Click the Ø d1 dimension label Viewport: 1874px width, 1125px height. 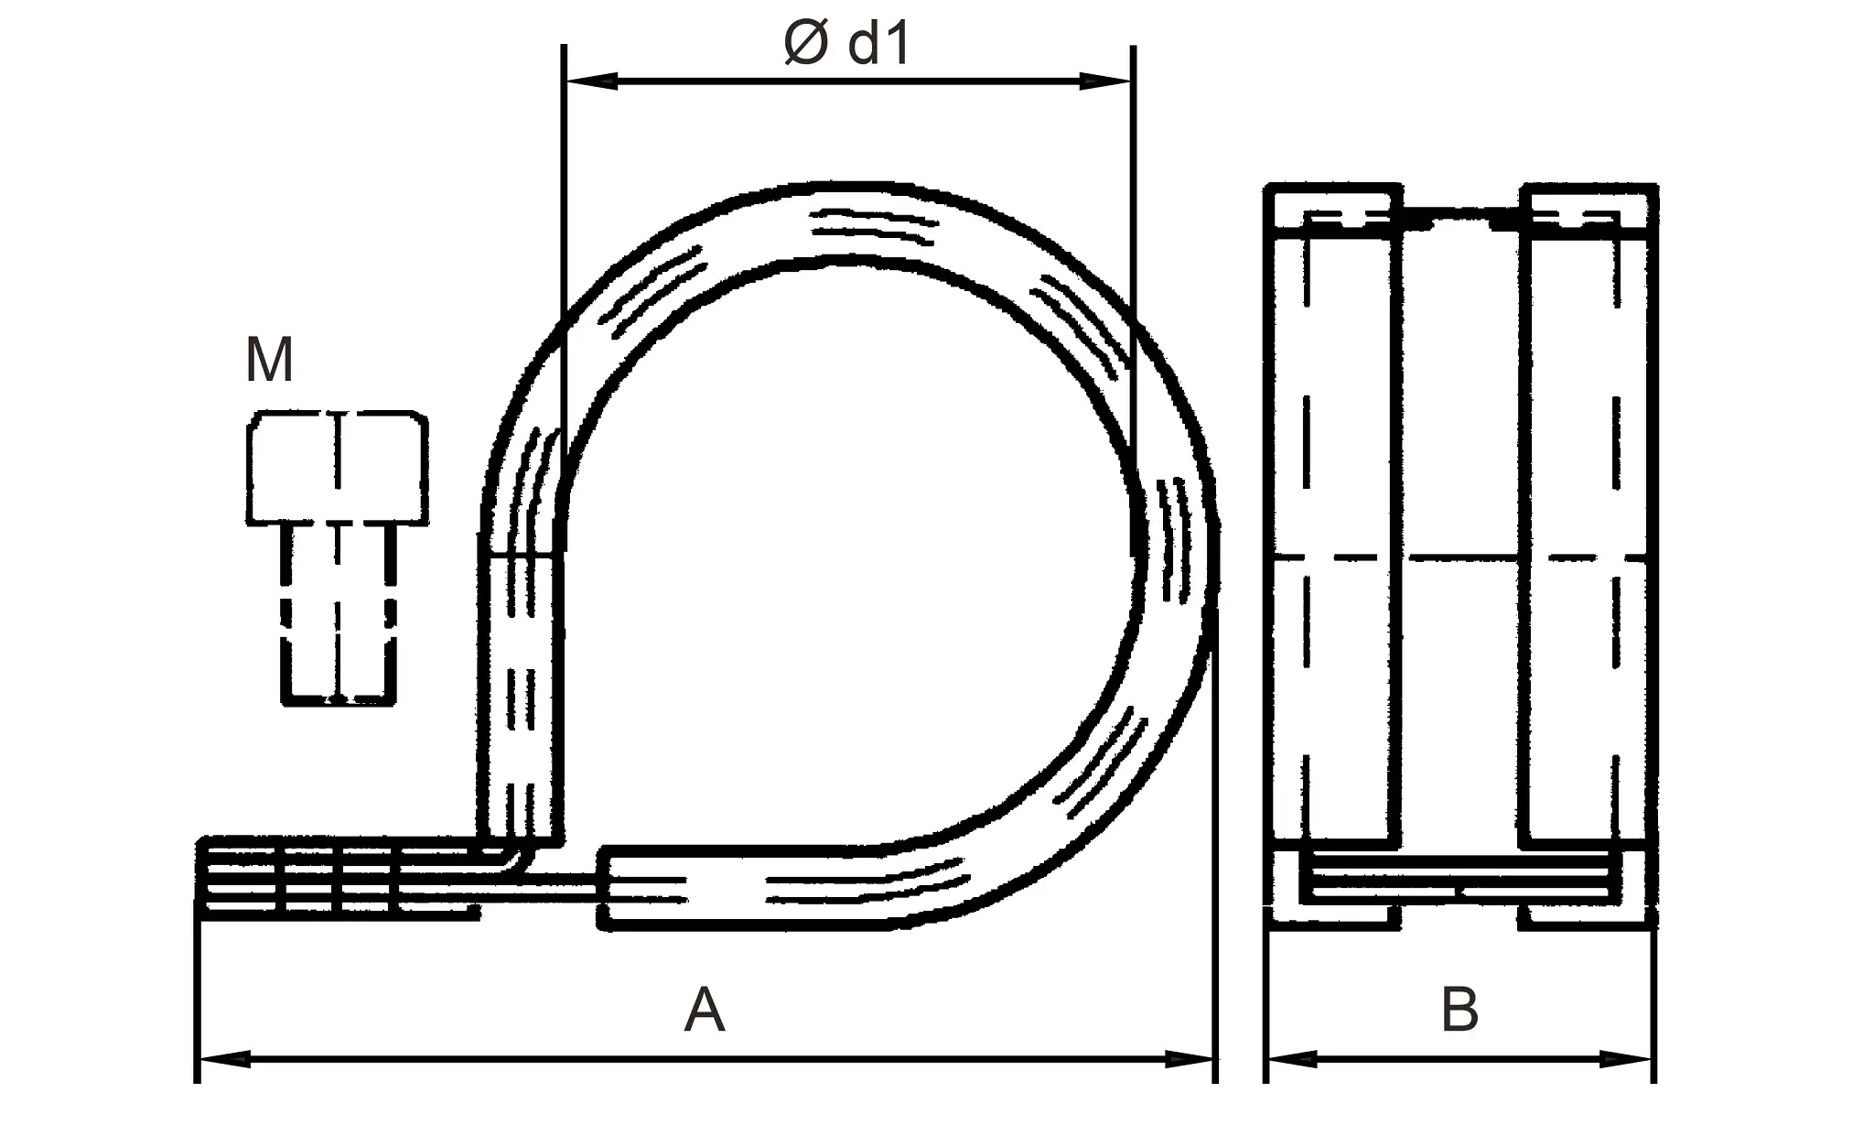pos(847,44)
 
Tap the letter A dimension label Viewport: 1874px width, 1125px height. pos(704,1011)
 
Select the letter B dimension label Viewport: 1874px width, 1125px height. pos(1459,1011)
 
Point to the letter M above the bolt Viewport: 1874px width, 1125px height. pos(269,361)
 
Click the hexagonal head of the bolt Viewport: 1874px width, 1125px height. pos(337,468)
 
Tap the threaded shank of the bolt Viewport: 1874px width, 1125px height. pos(338,613)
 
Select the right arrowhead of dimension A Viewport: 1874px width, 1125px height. pos(1190,1059)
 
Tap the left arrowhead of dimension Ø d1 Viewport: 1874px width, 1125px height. pos(590,81)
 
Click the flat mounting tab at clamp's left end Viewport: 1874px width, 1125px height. pos(339,877)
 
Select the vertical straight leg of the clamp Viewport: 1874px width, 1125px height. pos(521,696)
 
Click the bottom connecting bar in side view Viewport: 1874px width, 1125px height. pos(1460,879)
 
